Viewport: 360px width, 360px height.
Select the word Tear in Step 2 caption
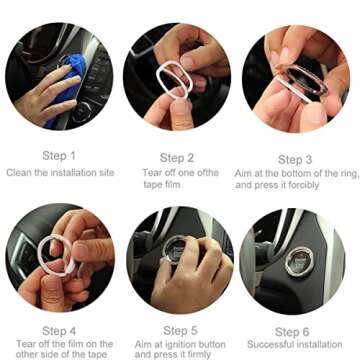[x=149, y=174]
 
